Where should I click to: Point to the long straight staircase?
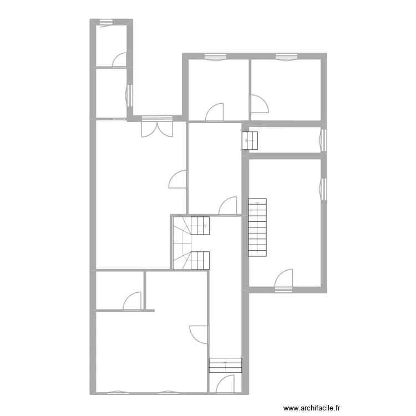(257, 227)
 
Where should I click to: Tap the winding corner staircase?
(190, 243)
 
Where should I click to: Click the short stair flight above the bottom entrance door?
(225, 365)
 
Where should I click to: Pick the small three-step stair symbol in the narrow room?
(250, 141)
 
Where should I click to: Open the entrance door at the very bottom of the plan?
(226, 384)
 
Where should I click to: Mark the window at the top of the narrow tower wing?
(106, 22)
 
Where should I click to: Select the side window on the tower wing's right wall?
(130, 95)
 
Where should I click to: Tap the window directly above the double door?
(153, 117)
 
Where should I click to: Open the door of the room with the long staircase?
(284, 280)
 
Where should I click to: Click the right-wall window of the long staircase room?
(324, 187)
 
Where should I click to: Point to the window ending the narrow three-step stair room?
(324, 139)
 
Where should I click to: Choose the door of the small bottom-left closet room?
(132, 301)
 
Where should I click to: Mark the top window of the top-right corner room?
(286, 56)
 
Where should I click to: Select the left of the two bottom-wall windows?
(118, 392)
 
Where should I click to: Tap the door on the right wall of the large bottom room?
(199, 334)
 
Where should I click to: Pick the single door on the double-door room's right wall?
(178, 179)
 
